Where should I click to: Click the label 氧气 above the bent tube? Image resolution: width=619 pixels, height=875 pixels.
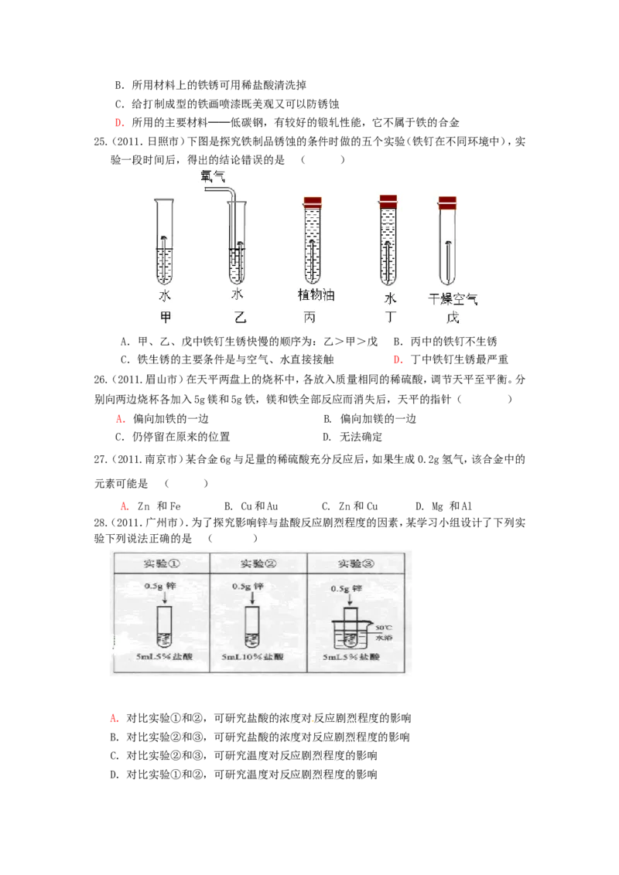click(213, 176)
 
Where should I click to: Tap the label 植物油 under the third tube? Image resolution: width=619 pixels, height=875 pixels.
click(316, 295)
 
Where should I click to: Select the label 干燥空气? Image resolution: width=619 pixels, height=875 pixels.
click(453, 299)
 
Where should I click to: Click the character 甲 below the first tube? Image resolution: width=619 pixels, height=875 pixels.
click(165, 317)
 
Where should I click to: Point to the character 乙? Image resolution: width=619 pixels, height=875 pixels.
click(240, 317)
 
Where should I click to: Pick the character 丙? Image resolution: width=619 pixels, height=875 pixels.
click(309, 317)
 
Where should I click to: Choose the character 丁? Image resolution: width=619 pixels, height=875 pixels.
click(390, 317)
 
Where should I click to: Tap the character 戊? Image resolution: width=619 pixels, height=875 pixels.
click(453, 317)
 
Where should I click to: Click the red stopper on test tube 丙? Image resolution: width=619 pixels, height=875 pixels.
click(312, 203)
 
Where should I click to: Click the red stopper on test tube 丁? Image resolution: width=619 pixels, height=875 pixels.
click(388, 202)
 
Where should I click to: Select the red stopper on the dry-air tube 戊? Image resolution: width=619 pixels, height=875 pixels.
click(446, 203)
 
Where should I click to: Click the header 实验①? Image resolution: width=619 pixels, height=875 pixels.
click(161, 563)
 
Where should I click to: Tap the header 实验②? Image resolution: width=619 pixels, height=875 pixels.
click(258, 563)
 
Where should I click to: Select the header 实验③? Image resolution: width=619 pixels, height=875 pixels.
click(356, 563)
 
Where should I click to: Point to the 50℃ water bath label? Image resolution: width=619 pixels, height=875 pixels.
click(384, 632)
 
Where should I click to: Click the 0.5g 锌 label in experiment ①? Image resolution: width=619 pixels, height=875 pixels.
click(160, 587)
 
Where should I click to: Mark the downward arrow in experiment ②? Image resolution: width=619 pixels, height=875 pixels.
click(251, 598)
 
